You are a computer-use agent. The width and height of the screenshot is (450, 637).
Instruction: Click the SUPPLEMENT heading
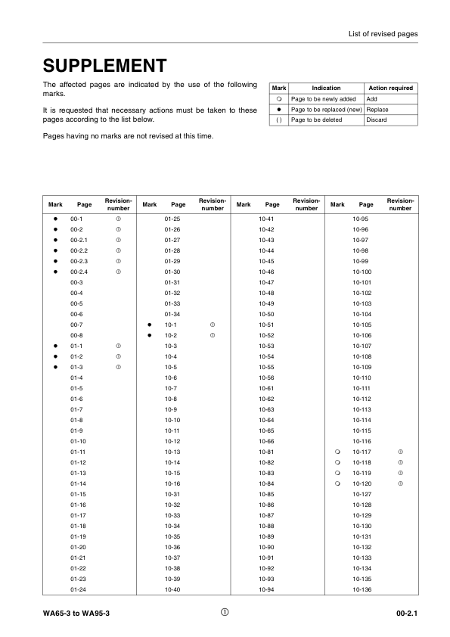(x=105, y=65)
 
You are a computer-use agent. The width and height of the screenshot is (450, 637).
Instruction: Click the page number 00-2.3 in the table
(x=79, y=260)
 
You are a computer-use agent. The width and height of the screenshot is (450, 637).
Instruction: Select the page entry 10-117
(x=362, y=452)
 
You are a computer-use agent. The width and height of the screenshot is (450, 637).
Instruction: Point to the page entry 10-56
(x=266, y=378)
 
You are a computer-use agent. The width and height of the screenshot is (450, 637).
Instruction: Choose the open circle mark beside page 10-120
(x=337, y=483)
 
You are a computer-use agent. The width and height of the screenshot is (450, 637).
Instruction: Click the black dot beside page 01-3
(x=56, y=367)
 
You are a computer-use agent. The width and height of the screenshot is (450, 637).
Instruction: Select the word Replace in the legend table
(x=377, y=110)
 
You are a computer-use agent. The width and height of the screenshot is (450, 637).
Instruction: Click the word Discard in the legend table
(x=377, y=120)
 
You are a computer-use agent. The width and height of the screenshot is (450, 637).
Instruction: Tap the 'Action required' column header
(x=389, y=89)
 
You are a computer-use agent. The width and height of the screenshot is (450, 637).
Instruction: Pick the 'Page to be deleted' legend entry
(x=316, y=120)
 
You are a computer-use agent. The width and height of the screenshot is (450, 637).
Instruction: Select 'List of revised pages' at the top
(x=383, y=34)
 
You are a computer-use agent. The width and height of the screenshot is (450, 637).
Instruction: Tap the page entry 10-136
(x=362, y=589)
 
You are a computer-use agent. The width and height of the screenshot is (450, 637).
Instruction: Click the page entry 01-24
(x=78, y=589)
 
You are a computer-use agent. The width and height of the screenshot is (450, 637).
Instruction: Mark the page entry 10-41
(x=266, y=219)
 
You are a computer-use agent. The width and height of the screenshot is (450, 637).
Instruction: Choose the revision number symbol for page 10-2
(x=213, y=335)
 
